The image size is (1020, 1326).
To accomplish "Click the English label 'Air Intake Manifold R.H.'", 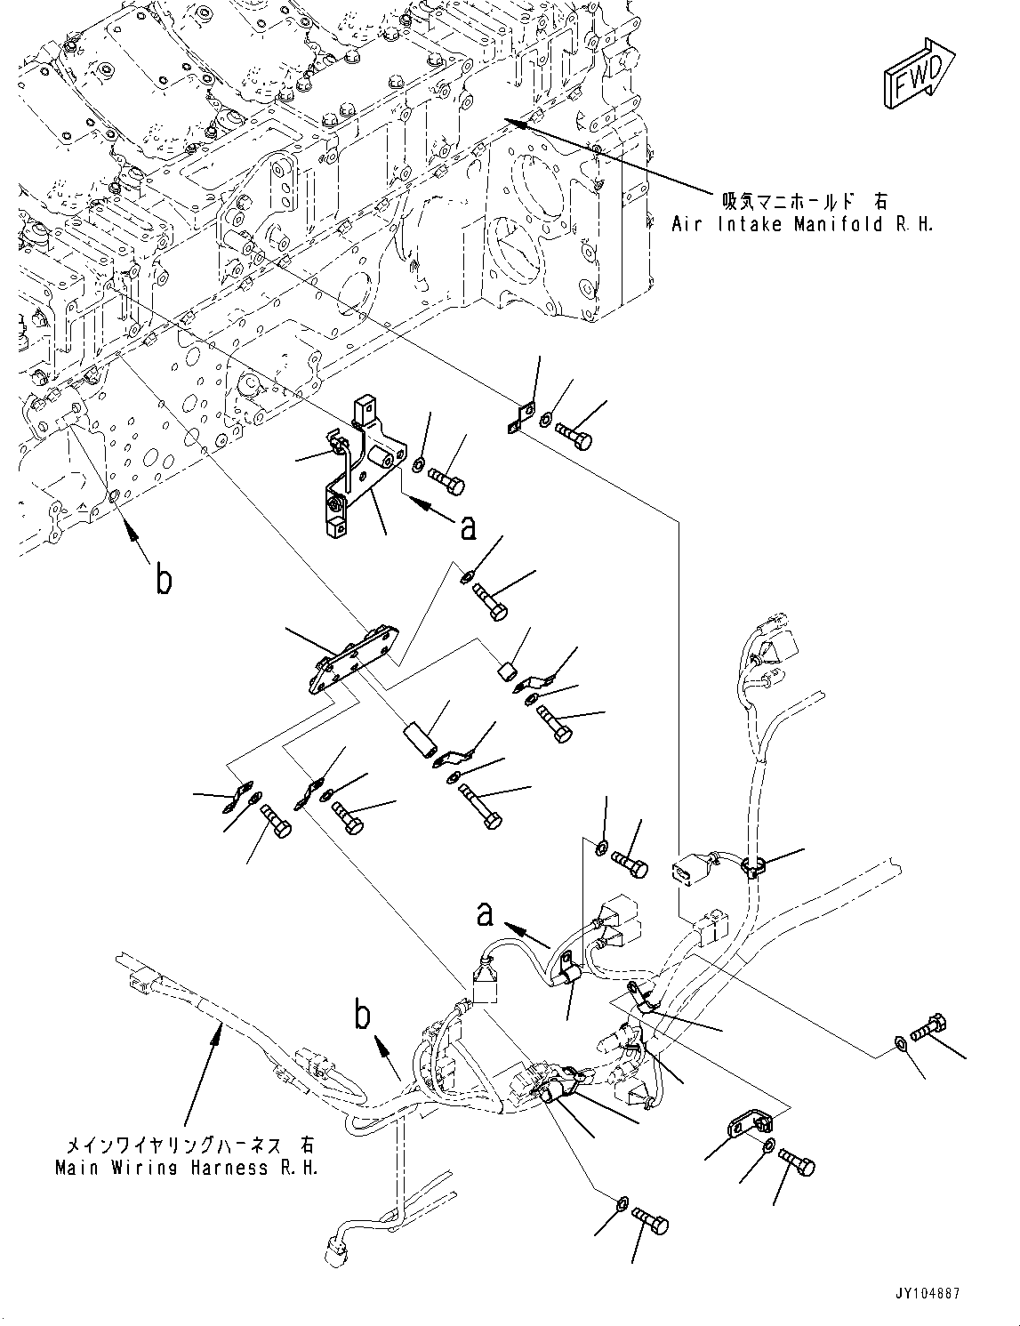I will click(802, 224).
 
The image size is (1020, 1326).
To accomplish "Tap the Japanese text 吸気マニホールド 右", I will click(804, 202).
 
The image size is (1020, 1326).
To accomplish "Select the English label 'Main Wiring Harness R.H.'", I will click(186, 1168).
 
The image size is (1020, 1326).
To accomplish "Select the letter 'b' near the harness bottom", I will click(362, 1015).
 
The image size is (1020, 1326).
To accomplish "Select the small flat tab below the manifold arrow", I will click(519, 419).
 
